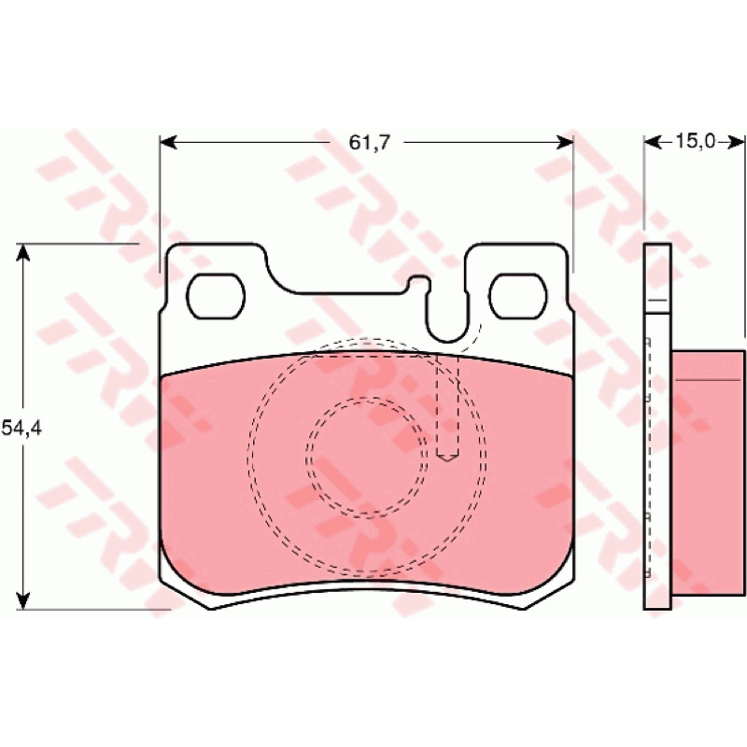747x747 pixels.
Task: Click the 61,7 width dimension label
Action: coord(369,143)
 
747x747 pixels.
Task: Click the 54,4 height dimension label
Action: coord(21,429)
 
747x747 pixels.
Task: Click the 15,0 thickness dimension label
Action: coord(696,141)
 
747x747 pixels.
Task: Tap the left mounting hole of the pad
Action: coord(216,296)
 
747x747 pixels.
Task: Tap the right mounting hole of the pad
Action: coord(518,296)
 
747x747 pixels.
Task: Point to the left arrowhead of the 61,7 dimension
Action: coord(168,142)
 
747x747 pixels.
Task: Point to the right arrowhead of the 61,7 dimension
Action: coord(565,142)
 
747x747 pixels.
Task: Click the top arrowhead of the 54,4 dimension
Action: coord(22,252)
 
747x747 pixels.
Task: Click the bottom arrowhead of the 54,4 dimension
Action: coord(22,600)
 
